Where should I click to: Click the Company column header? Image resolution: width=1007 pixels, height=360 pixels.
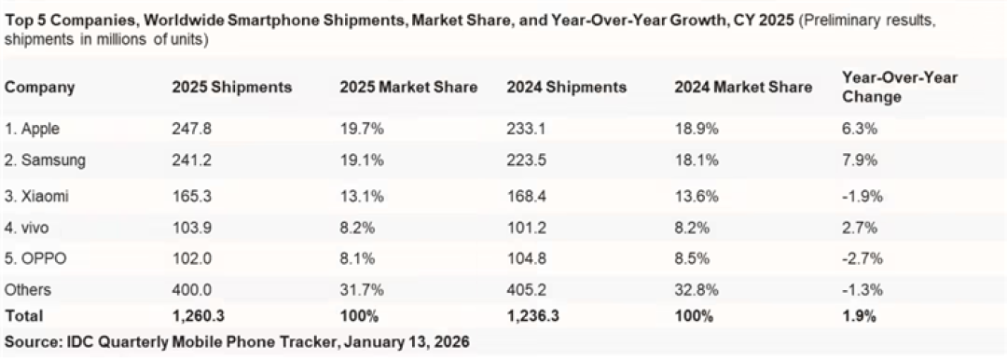40,88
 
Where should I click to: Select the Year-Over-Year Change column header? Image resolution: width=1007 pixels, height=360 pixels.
899,88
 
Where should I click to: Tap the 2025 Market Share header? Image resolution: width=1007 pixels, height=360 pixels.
408,88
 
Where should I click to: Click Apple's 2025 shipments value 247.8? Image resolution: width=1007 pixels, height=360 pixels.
191,129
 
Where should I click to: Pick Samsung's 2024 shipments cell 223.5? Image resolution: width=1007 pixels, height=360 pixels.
526,160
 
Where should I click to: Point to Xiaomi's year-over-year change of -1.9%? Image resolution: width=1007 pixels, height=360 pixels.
862,197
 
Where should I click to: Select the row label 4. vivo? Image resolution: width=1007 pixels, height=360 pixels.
26,227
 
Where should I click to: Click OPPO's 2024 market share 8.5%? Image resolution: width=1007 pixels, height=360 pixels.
691,258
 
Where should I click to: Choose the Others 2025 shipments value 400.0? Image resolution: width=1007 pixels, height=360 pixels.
191,291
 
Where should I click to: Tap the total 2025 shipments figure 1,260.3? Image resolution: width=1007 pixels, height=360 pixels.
198,315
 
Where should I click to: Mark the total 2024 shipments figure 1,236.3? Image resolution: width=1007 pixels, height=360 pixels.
532,315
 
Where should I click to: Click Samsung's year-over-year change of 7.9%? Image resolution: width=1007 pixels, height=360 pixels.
860,160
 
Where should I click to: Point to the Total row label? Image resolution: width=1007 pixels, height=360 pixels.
23,315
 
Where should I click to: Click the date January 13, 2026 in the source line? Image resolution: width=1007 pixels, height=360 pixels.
407,341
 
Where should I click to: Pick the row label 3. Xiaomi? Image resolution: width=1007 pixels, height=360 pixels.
36,197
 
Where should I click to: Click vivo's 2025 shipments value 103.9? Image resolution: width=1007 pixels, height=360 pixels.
191,227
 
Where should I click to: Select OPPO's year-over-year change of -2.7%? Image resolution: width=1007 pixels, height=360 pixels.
862,258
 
